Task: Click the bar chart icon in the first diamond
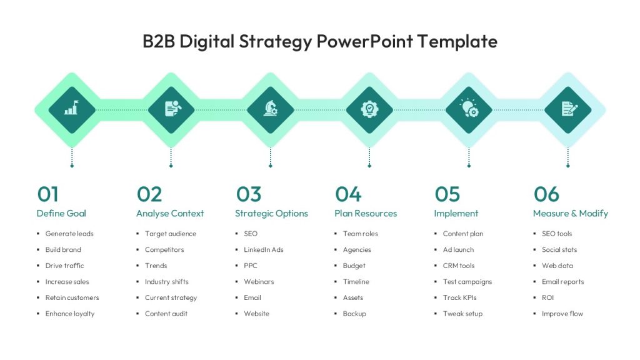pyautogui.click(x=72, y=107)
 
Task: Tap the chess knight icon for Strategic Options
pyautogui.click(x=270, y=109)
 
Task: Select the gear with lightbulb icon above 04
pyautogui.click(x=369, y=109)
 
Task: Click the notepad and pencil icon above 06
pyautogui.click(x=569, y=109)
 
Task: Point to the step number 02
pyautogui.click(x=149, y=194)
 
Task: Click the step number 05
pyautogui.click(x=447, y=194)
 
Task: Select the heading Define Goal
pyautogui.click(x=61, y=214)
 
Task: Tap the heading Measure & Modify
pyautogui.click(x=571, y=214)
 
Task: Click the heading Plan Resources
pyautogui.click(x=366, y=214)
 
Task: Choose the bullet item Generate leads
pyautogui.click(x=69, y=234)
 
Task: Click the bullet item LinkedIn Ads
pyautogui.click(x=264, y=250)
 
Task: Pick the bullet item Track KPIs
pyautogui.click(x=459, y=297)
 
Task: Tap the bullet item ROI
pyautogui.click(x=547, y=297)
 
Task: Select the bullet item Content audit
pyautogui.click(x=166, y=314)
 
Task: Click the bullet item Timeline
pyautogui.click(x=356, y=282)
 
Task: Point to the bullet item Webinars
pyautogui.click(x=259, y=282)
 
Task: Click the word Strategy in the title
pyautogui.click(x=276, y=42)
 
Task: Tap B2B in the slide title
pyautogui.click(x=159, y=42)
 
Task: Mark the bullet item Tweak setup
pyautogui.click(x=463, y=314)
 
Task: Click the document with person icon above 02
pyautogui.click(x=172, y=109)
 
